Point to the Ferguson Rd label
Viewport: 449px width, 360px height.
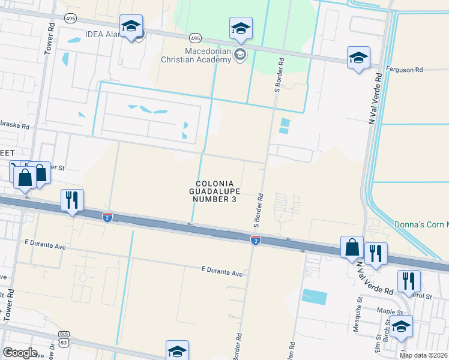click(405, 70)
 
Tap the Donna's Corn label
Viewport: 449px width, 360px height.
click(421, 224)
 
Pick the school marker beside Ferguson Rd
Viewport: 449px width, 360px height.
click(358, 58)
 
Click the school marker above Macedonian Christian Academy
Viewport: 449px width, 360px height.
click(241, 28)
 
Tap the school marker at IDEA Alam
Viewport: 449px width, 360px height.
click(131, 26)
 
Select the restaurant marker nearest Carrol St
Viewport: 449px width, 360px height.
click(408, 280)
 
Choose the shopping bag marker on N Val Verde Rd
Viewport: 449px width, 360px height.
click(352, 246)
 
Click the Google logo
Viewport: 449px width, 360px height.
click(19, 353)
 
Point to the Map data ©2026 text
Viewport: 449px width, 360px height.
click(423, 355)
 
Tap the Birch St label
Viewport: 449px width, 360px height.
click(388, 329)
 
